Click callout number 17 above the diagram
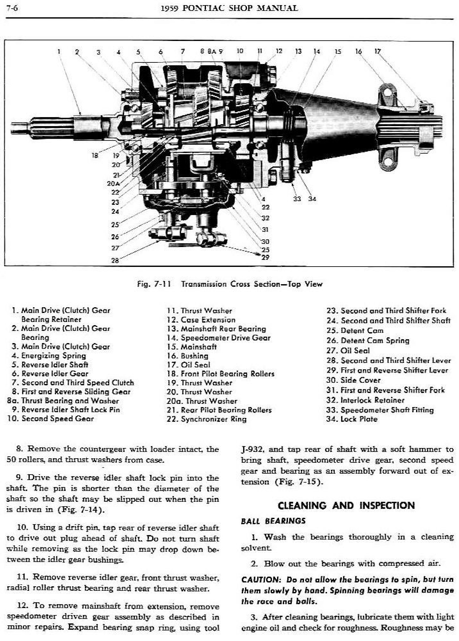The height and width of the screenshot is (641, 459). click(378, 51)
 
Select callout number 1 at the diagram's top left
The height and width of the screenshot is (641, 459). click(59, 51)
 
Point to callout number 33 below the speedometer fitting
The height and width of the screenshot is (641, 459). click(297, 199)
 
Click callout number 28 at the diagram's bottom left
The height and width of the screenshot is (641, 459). click(115, 260)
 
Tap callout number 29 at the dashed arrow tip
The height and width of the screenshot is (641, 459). click(265, 257)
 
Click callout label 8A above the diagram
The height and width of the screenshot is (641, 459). click(212, 51)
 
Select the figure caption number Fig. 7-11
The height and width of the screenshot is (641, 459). click(154, 284)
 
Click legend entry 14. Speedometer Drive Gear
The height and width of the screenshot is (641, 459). click(218, 338)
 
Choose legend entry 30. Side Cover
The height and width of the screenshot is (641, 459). click(353, 380)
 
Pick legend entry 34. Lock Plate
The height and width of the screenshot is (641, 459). click(352, 419)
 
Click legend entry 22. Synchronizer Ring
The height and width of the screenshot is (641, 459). click(207, 419)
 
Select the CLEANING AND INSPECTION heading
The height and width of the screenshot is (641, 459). click(346, 506)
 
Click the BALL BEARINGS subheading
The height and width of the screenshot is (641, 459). click(273, 521)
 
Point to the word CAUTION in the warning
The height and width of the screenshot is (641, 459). click(261, 580)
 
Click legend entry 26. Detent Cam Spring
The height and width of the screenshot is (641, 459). click(368, 341)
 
